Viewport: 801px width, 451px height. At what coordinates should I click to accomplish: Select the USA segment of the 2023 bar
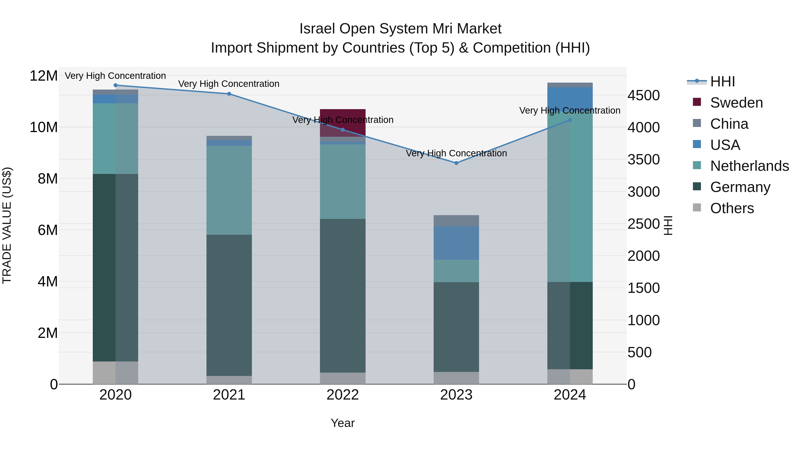(x=456, y=243)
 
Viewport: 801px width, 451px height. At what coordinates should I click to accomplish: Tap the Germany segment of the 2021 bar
(x=229, y=305)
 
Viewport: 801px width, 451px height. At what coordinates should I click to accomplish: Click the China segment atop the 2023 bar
(x=456, y=220)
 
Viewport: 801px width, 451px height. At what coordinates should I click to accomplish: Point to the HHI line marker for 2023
(x=456, y=163)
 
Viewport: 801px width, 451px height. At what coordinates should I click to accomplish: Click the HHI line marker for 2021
(x=229, y=94)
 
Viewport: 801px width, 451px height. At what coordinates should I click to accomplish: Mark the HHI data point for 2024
(x=570, y=120)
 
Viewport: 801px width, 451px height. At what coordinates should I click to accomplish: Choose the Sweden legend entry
(x=736, y=103)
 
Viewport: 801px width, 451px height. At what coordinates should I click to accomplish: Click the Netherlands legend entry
(x=749, y=166)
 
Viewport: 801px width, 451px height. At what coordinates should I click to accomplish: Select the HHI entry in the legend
(x=722, y=82)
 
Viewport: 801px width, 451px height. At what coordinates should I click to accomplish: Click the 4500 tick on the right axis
(x=643, y=95)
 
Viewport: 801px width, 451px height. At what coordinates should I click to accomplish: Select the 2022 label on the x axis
(x=342, y=395)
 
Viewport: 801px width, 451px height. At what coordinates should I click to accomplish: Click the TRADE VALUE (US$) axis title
(x=7, y=225)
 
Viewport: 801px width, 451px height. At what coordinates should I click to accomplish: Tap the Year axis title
(x=342, y=423)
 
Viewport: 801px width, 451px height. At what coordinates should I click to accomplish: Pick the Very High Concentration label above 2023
(x=456, y=153)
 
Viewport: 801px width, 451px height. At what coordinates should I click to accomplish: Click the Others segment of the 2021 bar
(x=229, y=380)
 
